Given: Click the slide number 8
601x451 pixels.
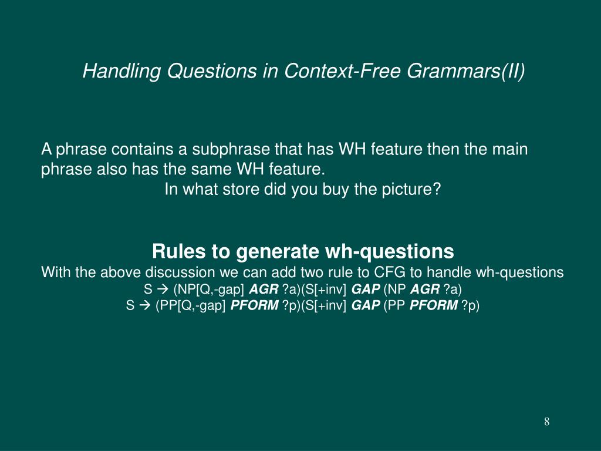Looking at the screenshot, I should coord(546,422).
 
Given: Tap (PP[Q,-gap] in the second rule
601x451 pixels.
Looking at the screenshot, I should coord(191,306).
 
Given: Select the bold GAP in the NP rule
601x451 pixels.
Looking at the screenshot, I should coord(366,290).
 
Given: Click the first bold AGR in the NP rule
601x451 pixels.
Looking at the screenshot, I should coord(264,290).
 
